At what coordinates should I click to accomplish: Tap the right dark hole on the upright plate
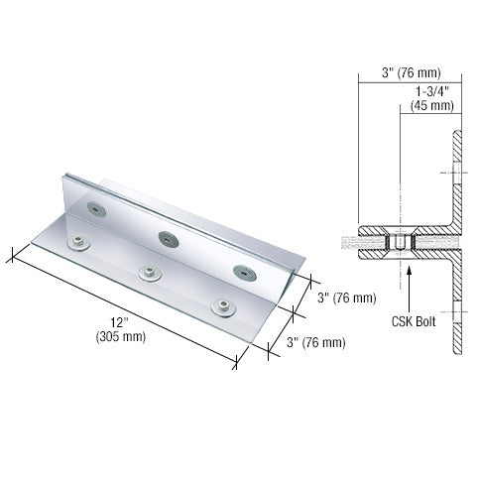[240, 270]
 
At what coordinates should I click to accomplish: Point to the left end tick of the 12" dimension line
[13, 255]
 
